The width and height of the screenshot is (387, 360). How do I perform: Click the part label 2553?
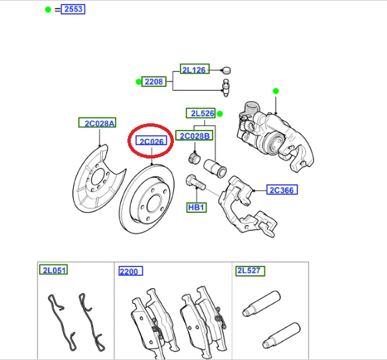pos(73,9)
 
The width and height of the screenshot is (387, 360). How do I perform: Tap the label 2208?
pos(154,82)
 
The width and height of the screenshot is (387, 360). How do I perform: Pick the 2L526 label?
pos(200,113)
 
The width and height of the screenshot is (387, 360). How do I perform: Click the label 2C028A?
pos(97,123)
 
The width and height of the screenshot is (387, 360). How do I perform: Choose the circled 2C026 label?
pos(151,141)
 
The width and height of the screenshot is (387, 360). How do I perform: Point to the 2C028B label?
pos(194,135)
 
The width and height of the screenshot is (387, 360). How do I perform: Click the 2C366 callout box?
pos(282,190)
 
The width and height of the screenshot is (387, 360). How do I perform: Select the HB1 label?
pos(196,208)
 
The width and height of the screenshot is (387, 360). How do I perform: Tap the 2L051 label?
pos(54,270)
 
